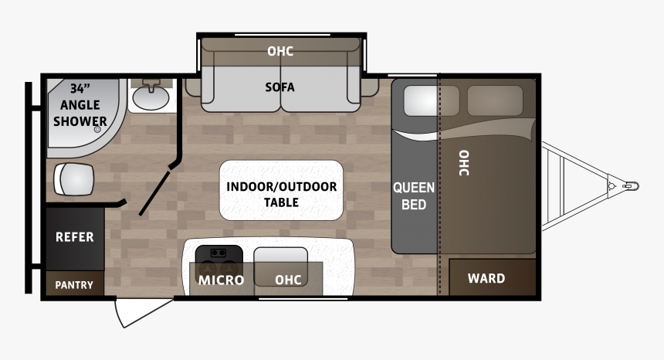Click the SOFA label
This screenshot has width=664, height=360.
[279, 87]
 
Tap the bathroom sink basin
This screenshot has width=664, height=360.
[151, 97]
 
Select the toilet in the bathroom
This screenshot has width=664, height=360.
[73, 179]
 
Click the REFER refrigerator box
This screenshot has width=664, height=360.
[75, 239]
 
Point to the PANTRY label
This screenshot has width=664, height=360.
[74, 285]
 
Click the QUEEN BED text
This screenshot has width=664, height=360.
[414, 196]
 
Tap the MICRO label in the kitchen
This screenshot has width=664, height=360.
[221, 280]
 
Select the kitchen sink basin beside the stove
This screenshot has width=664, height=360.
[281, 267]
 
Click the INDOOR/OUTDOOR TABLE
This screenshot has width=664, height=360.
[281, 190]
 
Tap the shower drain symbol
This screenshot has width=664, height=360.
[97, 130]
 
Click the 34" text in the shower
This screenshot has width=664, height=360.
[80, 89]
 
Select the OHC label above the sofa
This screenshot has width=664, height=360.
[280, 51]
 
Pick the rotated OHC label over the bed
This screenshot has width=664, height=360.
[464, 163]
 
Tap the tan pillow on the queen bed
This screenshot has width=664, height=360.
[495, 100]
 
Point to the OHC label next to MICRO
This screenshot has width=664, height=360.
[288, 280]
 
